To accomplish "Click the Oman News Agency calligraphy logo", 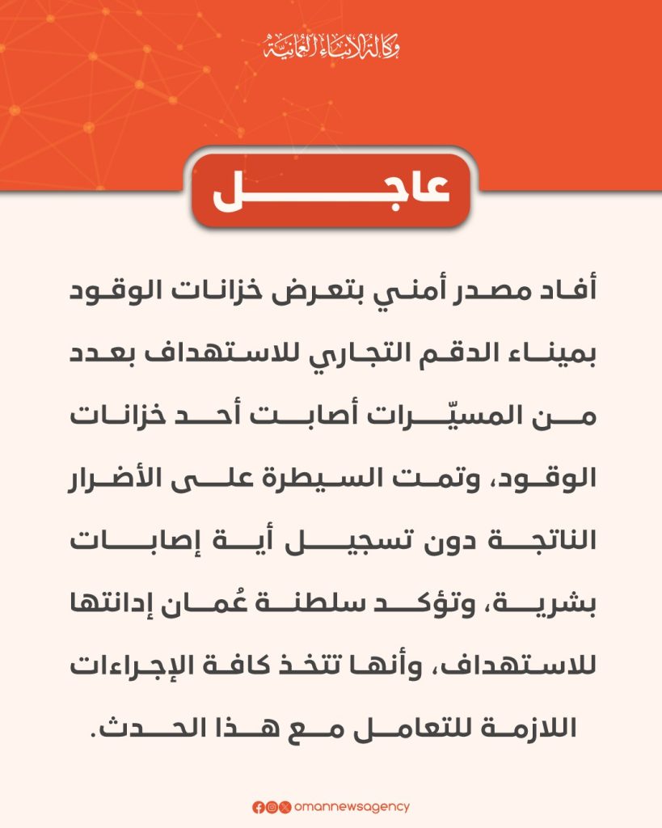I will coord(331,46).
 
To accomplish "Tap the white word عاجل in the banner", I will coord(331,194).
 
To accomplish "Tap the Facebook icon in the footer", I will coord(258,807).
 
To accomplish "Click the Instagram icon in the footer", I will coord(272,807).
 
